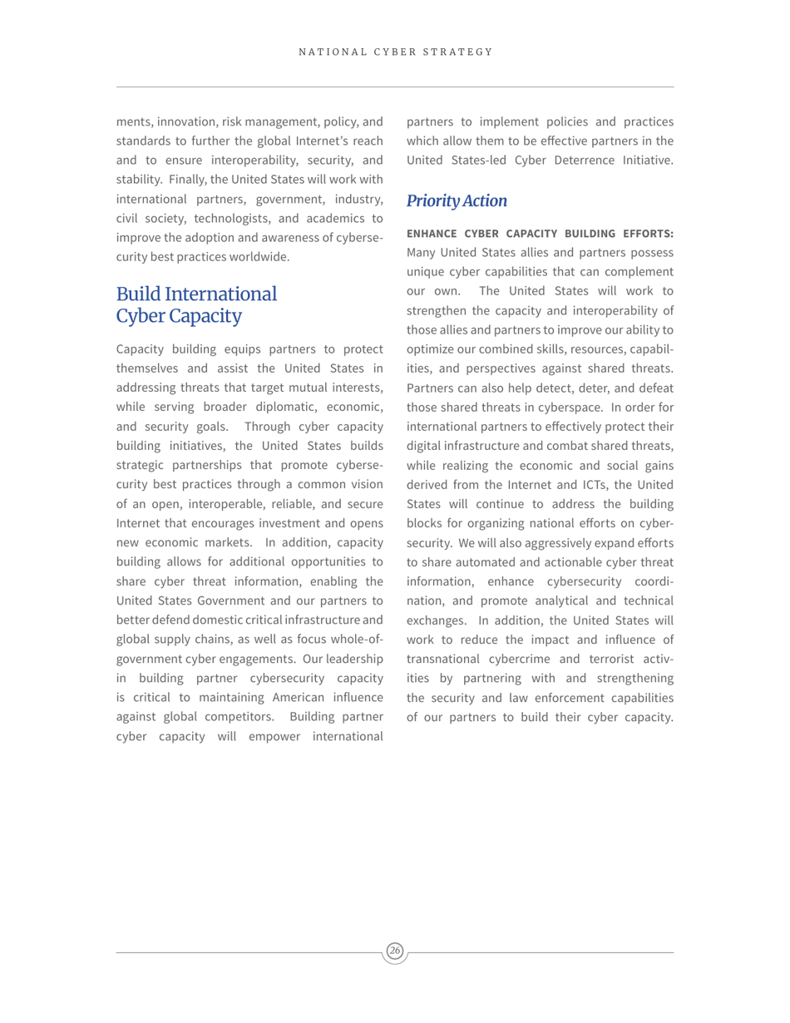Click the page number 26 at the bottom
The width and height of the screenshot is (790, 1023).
point(395,951)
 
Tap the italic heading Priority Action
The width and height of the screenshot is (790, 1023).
point(457,200)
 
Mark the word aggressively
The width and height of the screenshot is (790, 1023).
point(534,542)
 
